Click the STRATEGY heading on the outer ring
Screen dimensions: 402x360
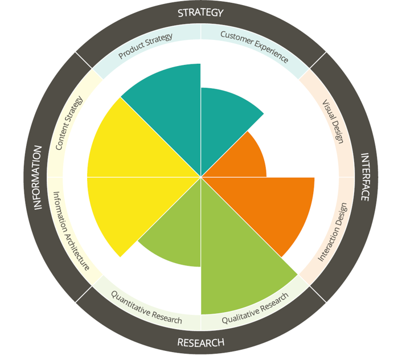200,13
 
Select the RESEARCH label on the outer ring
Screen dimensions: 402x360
200,342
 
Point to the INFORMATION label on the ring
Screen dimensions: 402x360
38,177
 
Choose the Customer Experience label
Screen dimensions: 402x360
255,46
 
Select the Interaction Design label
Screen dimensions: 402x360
333,232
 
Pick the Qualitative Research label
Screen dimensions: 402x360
255,308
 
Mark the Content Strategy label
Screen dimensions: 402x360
69,123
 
